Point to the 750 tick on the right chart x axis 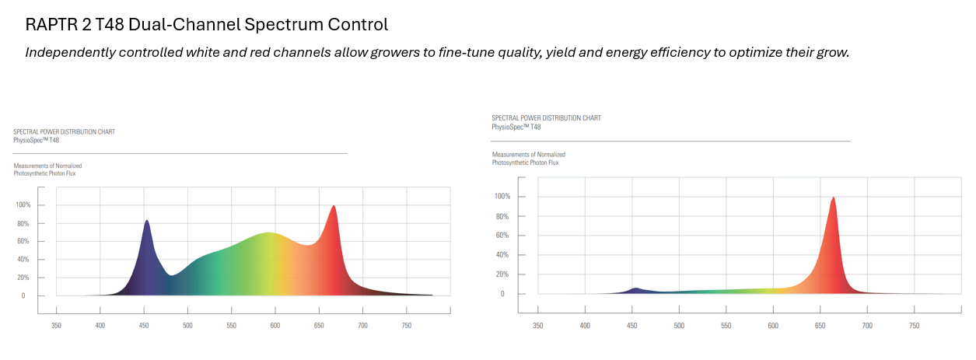(x=915, y=326)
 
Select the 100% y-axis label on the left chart (x=23, y=205)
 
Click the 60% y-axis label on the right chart (x=502, y=236)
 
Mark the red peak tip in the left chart (x=334, y=206)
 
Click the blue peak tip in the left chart (x=146, y=221)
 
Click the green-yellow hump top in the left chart (x=268, y=233)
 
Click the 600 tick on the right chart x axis (x=773, y=326)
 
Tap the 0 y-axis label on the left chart (x=23, y=296)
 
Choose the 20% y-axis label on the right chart (x=502, y=274)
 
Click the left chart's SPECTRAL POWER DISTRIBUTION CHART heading (x=64, y=132)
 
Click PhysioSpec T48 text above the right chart (x=516, y=127)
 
